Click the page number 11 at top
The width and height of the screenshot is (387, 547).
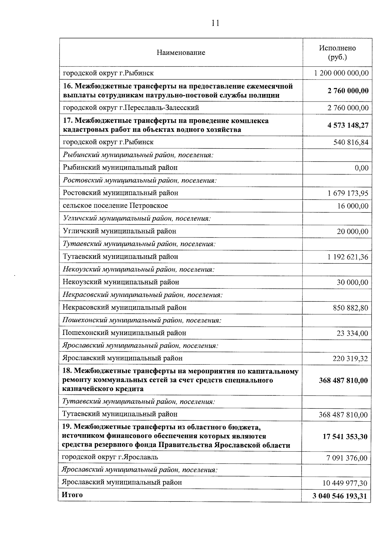pyautogui.click(x=215, y=23)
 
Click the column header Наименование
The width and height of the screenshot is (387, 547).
pyautogui.click(x=181, y=53)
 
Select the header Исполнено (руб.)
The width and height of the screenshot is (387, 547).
pyautogui.click(x=337, y=53)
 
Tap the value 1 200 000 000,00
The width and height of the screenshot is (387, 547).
pyautogui.click(x=341, y=73)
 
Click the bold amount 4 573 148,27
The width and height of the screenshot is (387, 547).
pyautogui.click(x=348, y=125)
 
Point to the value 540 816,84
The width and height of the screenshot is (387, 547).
pyautogui.click(x=351, y=142)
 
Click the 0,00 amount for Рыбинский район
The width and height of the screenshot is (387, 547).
pyautogui.click(x=361, y=168)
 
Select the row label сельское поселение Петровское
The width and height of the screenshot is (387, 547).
pyautogui.click(x=115, y=206)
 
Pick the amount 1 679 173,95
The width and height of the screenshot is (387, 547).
pyautogui.click(x=348, y=193)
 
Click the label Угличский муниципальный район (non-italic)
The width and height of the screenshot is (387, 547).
pyautogui.click(x=119, y=231)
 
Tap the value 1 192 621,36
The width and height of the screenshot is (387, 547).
pyautogui.click(x=348, y=257)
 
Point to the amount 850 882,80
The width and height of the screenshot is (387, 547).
pyautogui.click(x=350, y=308)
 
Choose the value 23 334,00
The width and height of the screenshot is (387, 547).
pyautogui.click(x=352, y=333)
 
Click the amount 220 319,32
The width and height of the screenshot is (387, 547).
pyautogui.click(x=350, y=359)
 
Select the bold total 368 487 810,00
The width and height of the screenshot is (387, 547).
pyautogui.click(x=343, y=380)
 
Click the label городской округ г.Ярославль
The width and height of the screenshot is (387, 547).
pyautogui.click(x=110, y=457)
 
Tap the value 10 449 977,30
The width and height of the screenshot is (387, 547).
pyautogui.click(x=345, y=483)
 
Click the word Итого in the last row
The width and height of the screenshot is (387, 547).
pyautogui.click(x=72, y=495)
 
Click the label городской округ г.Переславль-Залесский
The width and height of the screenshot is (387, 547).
pyautogui.click(x=131, y=108)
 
